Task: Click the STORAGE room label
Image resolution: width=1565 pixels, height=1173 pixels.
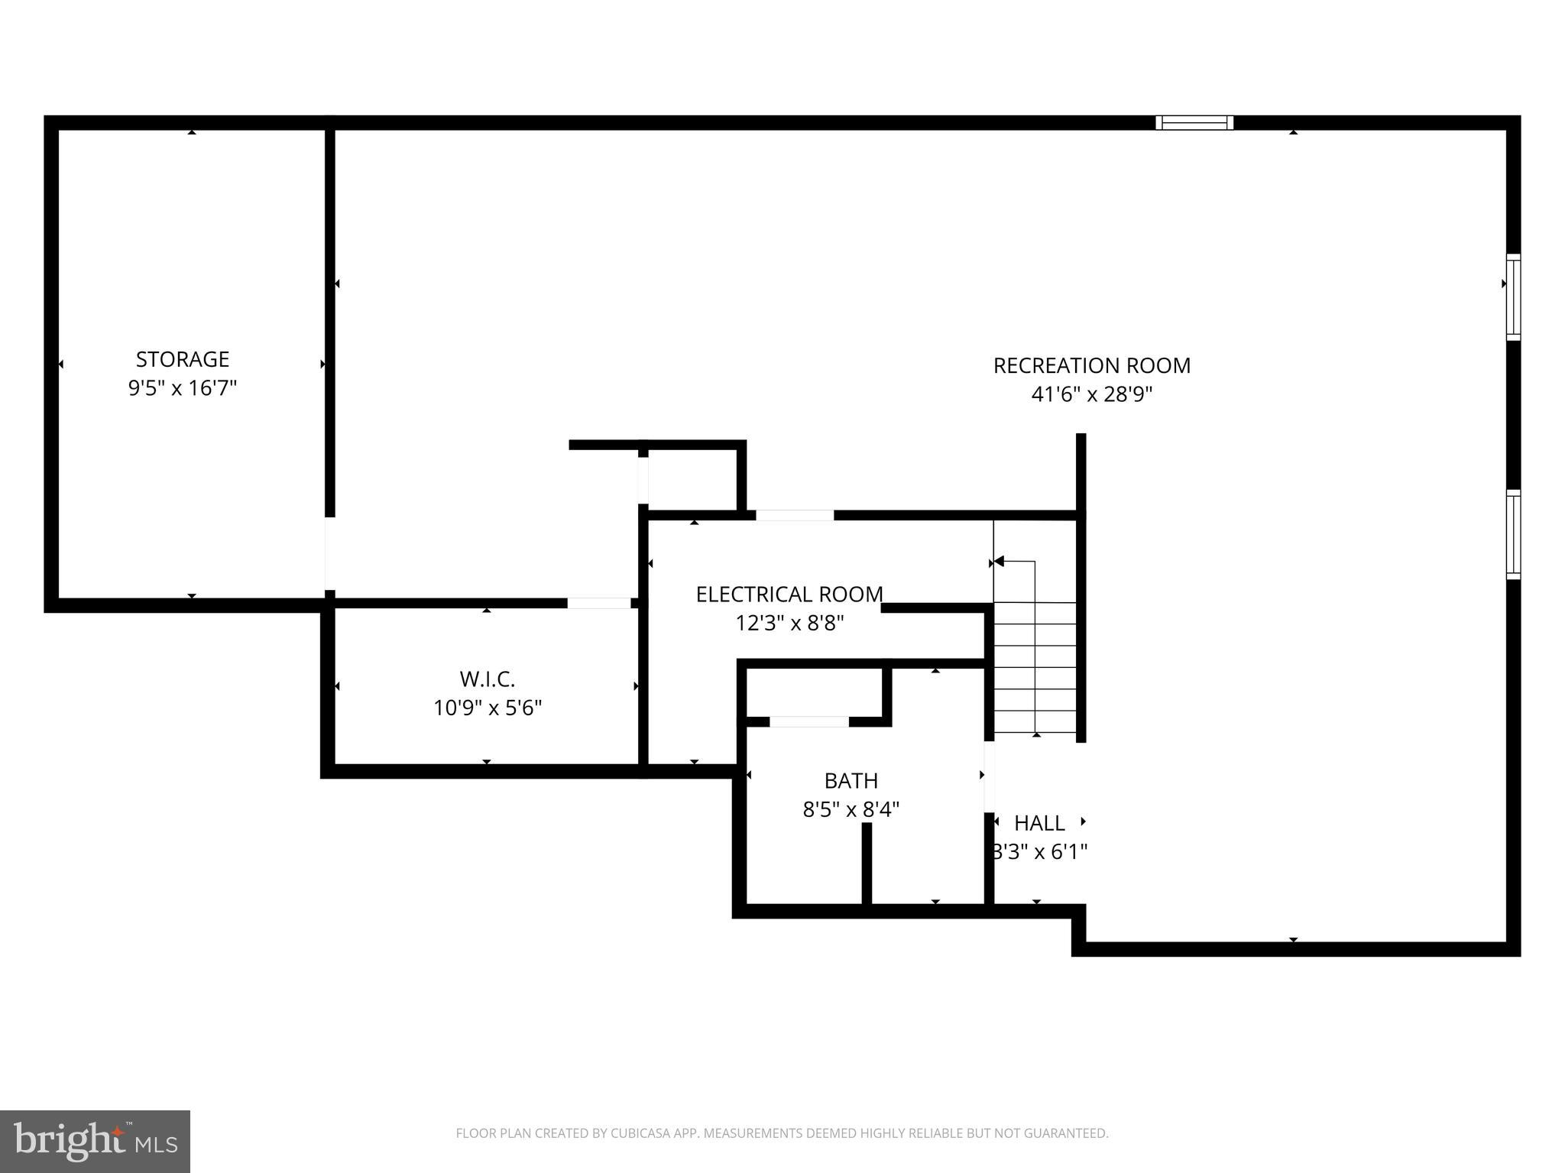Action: click(182, 359)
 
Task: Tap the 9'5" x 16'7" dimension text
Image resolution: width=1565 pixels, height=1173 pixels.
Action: click(182, 388)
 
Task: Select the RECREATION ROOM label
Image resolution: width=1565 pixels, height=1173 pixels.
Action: click(1091, 366)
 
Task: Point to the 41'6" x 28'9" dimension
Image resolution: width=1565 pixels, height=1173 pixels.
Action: click(1091, 394)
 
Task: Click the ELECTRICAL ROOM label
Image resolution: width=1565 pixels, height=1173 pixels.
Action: click(789, 595)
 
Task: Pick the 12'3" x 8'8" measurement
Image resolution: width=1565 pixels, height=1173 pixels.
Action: click(789, 624)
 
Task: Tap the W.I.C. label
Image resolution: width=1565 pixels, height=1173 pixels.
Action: click(487, 679)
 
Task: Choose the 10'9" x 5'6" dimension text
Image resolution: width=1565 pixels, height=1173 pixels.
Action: click(487, 708)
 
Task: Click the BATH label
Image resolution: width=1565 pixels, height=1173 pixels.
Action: click(851, 781)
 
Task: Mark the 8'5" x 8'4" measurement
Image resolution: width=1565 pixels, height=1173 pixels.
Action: click(851, 809)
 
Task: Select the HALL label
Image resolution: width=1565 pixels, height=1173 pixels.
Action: click(1038, 823)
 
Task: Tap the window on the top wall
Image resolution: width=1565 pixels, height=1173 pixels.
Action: click(1194, 123)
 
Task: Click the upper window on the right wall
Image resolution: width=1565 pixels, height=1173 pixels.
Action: click(1513, 296)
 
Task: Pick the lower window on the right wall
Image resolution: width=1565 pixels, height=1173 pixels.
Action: click(1513, 534)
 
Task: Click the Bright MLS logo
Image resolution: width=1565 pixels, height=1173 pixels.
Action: click(95, 1141)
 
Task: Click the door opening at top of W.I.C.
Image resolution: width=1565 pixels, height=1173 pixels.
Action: click(598, 603)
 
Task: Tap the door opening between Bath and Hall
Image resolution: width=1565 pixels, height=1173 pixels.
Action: click(989, 776)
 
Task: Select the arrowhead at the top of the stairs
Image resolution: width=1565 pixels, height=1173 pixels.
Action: click(998, 562)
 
